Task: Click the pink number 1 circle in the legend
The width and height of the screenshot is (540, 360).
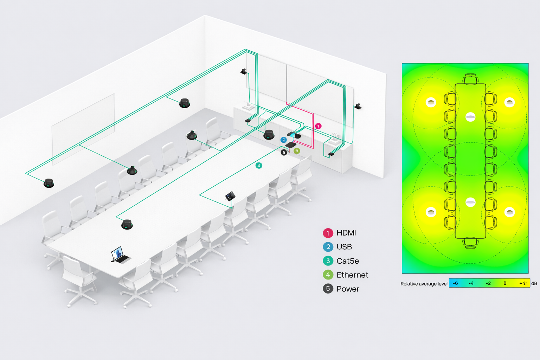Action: coord(328,233)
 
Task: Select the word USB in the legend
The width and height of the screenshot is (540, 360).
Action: coord(344,247)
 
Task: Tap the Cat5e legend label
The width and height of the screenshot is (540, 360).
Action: coord(347,261)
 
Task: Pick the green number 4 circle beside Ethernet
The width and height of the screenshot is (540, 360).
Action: coord(328,275)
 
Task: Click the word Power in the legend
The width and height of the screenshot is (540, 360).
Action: coord(348,289)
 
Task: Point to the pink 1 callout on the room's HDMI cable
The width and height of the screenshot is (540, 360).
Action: coord(318,126)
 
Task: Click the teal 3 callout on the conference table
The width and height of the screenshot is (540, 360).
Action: coord(259,165)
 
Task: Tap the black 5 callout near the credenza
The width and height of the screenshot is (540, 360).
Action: coord(284,153)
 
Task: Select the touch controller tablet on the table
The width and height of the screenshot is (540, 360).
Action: coord(230,196)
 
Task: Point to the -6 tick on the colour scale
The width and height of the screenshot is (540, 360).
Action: coord(455,283)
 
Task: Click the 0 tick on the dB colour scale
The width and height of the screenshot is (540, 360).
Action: coord(505,283)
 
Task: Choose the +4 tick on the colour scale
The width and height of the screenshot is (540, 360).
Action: coord(522,283)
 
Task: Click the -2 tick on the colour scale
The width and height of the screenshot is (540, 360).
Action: coord(488,283)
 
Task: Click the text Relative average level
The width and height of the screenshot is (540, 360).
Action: coord(424,284)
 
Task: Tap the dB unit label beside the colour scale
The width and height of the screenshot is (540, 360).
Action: coord(534,283)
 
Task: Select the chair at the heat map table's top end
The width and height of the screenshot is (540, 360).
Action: coord(470,79)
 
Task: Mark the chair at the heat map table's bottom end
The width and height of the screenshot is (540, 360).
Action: coord(470,243)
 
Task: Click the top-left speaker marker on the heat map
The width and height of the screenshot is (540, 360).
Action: coord(431,102)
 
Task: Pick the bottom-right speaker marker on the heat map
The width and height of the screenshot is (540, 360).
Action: coord(509,212)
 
